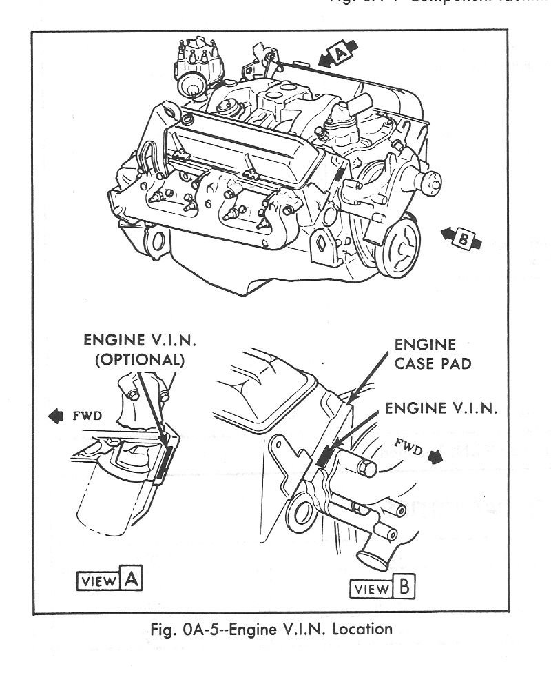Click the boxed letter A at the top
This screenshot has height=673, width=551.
point(339,52)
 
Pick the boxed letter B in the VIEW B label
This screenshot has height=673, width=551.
point(404,588)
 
